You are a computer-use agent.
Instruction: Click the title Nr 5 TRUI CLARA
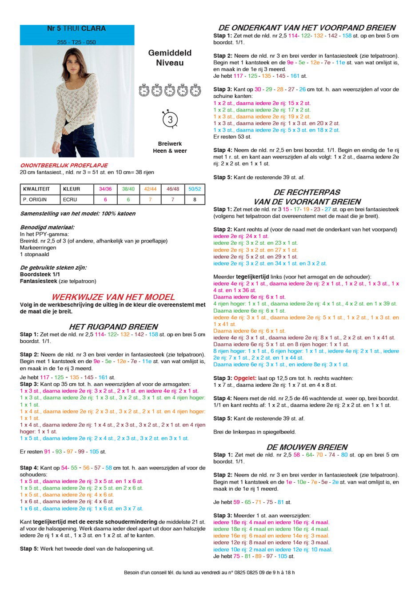(76, 28)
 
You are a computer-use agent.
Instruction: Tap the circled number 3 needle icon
(170, 120)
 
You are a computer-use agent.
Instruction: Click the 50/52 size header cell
(195, 189)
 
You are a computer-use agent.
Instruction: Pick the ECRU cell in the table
(70, 199)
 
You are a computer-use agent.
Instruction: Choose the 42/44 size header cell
(150, 189)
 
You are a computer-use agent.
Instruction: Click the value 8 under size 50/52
(195, 199)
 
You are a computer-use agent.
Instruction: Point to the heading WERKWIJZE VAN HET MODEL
(113, 297)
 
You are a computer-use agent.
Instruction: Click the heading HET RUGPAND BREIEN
(113, 327)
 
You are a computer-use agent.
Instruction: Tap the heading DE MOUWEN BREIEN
(307, 447)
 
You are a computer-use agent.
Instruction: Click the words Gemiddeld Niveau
(170, 58)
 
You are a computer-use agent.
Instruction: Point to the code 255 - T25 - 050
(76, 42)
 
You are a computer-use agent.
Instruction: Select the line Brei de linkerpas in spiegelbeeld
(255, 432)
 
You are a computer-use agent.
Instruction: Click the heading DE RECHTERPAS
(307, 192)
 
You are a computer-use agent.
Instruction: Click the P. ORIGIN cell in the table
(35, 199)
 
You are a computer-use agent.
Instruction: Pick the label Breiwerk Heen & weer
(170, 147)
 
